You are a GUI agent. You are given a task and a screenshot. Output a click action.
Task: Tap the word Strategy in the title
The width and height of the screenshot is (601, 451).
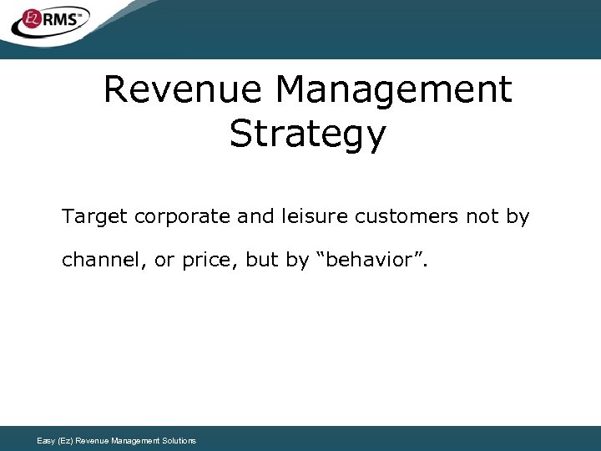308,134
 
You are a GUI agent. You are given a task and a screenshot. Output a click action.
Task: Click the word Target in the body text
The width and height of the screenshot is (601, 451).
94,217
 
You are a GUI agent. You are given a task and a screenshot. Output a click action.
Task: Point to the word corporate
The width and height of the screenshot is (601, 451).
182,217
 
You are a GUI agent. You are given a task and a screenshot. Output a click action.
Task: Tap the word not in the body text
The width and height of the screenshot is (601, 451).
482,217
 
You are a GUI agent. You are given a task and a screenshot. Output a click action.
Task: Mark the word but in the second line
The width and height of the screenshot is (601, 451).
262,260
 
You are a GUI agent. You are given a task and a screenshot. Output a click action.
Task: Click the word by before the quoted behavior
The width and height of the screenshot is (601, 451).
297,261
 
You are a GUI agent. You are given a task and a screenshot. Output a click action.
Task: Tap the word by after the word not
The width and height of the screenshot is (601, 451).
518,217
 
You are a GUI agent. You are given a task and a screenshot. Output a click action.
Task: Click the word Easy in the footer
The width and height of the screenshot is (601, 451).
47,441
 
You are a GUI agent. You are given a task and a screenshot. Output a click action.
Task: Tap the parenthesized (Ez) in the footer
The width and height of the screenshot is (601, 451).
66,441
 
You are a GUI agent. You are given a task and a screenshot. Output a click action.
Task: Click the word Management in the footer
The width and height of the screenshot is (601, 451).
131,441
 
